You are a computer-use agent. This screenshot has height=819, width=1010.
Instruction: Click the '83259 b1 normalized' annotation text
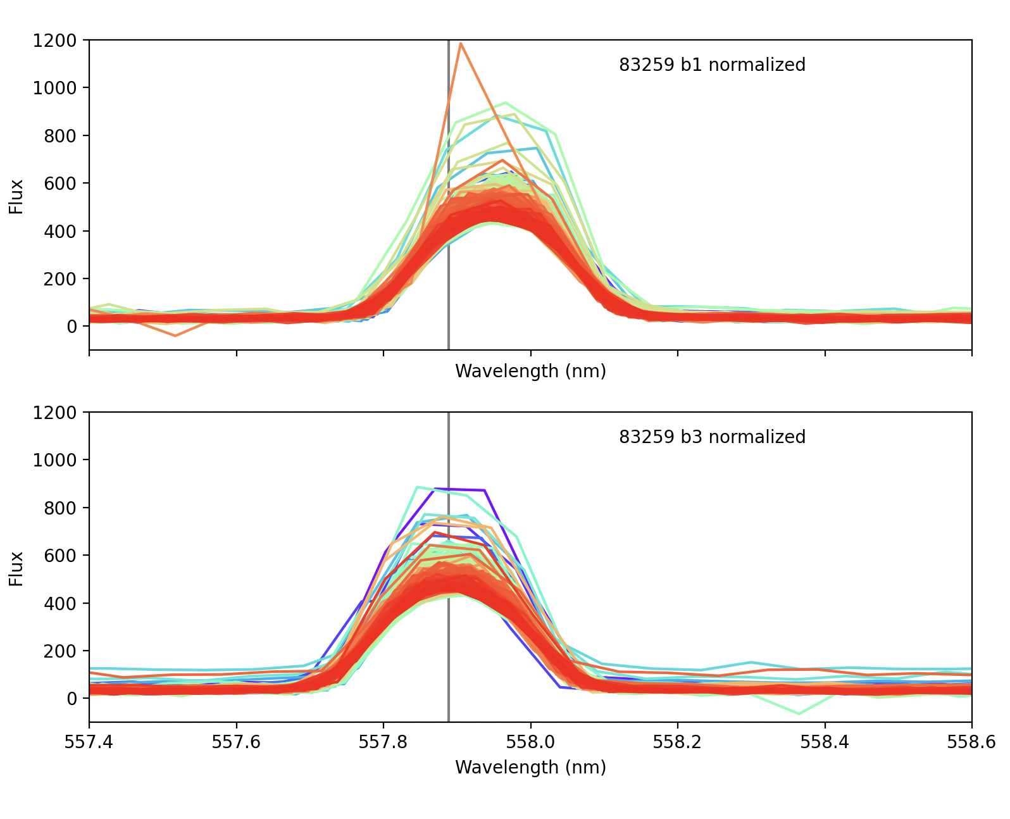coord(712,65)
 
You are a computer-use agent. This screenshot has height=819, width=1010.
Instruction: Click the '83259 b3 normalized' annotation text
coord(712,437)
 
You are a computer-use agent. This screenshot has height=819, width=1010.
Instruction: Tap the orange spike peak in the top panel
coord(461,44)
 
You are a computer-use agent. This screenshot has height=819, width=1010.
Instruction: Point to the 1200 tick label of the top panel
coord(54,41)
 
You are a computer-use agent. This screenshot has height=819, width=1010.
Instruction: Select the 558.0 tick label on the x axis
coord(530,741)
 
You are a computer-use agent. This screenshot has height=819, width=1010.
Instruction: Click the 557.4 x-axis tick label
coord(89,741)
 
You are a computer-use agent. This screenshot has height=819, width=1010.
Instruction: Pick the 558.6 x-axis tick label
coord(971,741)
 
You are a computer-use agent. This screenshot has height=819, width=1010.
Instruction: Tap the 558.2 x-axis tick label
coord(677,741)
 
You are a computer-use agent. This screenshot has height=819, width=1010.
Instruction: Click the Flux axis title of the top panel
coord(16,197)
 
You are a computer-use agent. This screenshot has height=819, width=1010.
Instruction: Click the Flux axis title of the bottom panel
coord(16,569)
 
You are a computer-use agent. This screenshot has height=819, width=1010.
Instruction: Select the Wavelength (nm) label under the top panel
coord(530,372)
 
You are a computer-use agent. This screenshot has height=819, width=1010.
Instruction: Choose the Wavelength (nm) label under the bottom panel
coord(530,768)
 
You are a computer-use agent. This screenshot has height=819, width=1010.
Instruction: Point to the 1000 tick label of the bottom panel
coord(54,460)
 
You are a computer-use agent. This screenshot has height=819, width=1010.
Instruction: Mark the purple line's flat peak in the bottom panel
coord(461,489)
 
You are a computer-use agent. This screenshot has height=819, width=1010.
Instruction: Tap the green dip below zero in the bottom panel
coord(799,714)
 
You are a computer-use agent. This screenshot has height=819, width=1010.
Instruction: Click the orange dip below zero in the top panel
coord(175,335)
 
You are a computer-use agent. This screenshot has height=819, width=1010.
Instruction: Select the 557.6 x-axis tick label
coord(236,741)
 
